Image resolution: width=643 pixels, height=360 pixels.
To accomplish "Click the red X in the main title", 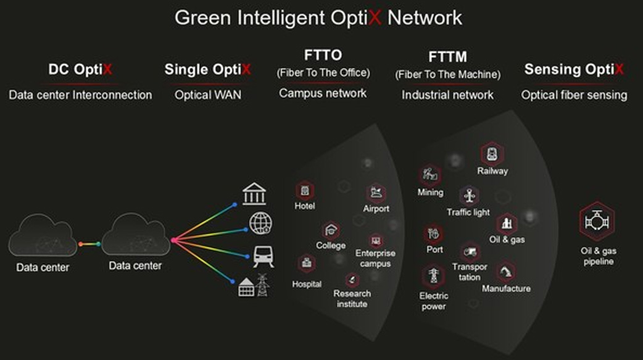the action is pyautogui.click(x=375, y=18).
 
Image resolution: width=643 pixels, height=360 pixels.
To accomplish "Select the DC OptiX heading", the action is pyautogui.click(x=80, y=69).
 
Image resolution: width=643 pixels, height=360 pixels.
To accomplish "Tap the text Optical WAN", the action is pyautogui.click(x=208, y=95).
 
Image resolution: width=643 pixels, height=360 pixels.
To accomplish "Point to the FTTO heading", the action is pyautogui.click(x=323, y=55).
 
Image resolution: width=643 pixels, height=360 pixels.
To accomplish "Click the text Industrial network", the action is pyautogui.click(x=447, y=95).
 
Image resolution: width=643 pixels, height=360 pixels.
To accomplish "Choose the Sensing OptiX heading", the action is pyautogui.click(x=574, y=69).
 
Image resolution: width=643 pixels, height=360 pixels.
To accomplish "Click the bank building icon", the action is pyautogui.click(x=254, y=194).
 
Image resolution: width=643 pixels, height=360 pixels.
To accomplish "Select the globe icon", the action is pyautogui.click(x=261, y=224).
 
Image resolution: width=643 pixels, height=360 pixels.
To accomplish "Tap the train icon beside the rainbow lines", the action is pyautogui.click(x=263, y=256).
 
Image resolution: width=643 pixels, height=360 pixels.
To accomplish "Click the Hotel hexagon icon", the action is pyautogui.click(x=305, y=191).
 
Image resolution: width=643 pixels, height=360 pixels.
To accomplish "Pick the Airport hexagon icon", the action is pyautogui.click(x=376, y=193).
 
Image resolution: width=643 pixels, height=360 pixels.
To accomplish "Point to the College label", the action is pyautogui.click(x=331, y=246).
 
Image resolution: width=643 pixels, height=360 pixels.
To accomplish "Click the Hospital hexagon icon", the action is pyautogui.click(x=307, y=264).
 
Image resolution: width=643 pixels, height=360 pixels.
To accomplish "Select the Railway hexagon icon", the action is pyautogui.click(x=492, y=154).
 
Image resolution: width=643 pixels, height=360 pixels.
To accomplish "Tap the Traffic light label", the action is pyautogui.click(x=468, y=212).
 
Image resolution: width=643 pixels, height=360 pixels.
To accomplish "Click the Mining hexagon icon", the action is pyautogui.click(x=429, y=175).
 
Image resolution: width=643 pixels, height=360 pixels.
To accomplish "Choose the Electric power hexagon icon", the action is pyautogui.click(x=433, y=276).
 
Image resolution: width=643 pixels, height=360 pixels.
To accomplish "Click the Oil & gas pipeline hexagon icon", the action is pyautogui.click(x=597, y=222).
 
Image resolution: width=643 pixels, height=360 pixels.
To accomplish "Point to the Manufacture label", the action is pyautogui.click(x=507, y=288).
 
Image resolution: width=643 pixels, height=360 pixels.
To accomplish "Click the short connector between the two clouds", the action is pyautogui.click(x=89, y=244).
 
